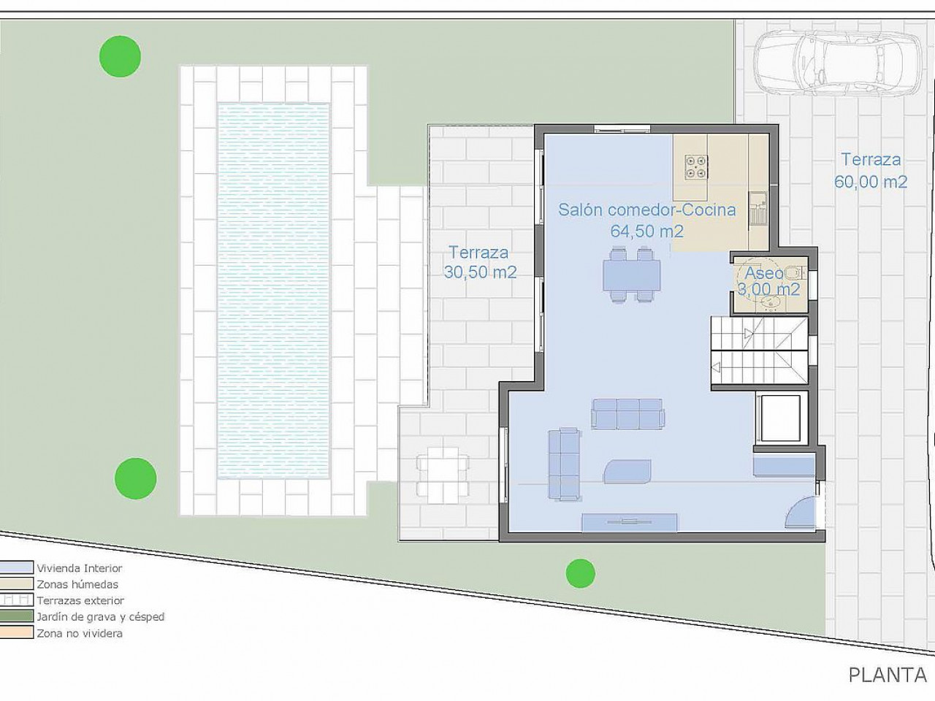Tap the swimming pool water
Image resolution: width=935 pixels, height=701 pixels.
(x=273, y=291)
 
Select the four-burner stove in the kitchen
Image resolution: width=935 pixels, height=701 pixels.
(x=696, y=166)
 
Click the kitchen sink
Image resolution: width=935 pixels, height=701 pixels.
(x=757, y=207)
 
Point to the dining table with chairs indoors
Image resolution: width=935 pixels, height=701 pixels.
(x=631, y=275)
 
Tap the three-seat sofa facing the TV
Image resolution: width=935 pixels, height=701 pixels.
(x=628, y=414)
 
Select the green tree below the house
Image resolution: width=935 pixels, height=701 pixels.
(x=580, y=574)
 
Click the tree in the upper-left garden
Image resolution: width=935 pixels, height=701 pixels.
(x=120, y=56)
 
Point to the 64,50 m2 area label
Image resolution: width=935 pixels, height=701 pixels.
(x=646, y=231)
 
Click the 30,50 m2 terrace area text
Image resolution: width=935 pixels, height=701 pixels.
(x=480, y=272)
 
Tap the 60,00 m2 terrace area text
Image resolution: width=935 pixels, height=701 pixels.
(x=871, y=182)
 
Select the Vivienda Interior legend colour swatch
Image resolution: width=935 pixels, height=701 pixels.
(x=16, y=567)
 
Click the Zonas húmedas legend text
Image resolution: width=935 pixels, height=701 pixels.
(x=77, y=584)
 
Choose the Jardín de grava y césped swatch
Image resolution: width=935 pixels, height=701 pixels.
(x=16, y=616)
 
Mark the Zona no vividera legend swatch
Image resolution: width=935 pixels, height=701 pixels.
(x=16, y=632)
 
